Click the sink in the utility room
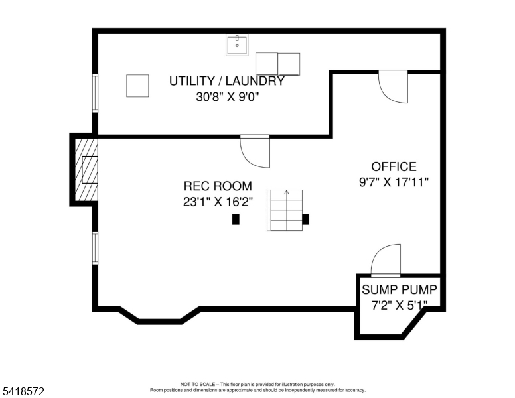(x=236, y=45)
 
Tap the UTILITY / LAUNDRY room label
(x=226, y=81)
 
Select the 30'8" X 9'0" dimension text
(x=228, y=97)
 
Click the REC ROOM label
(x=218, y=186)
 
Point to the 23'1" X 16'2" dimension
(x=218, y=202)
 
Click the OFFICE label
(x=394, y=166)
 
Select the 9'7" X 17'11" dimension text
(x=394, y=182)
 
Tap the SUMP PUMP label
(x=400, y=290)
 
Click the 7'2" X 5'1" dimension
(x=400, y=305)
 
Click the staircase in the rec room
(x=285, y=210)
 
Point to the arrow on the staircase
(x=287, y=192)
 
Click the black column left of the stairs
(x=236, y=219)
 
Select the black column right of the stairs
(x=306, y=219)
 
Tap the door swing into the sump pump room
(x=386, y=259)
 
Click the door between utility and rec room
(x=255, y=151)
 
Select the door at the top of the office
(x=393, y=87)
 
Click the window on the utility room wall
(x=96, y=94)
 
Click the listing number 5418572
(x=23, y=391)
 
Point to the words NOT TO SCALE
(x=198, y=384)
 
